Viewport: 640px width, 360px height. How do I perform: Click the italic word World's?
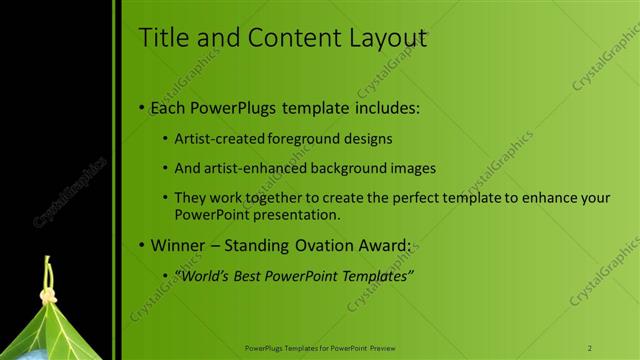click(x=199, y=276)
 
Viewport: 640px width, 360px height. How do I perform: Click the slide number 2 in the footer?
click(x=590, y=348)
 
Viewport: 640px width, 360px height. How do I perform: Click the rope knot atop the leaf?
click(x=47, y=297)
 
